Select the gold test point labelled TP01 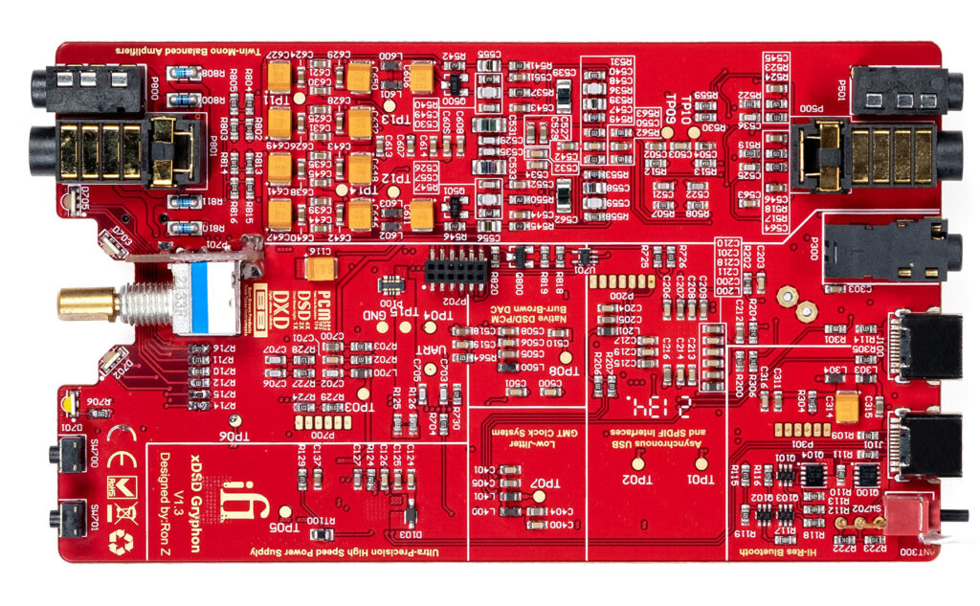click(702, 463)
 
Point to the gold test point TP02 click(634, 463)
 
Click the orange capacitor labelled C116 click(319, 267)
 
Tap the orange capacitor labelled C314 click(847, 404)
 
